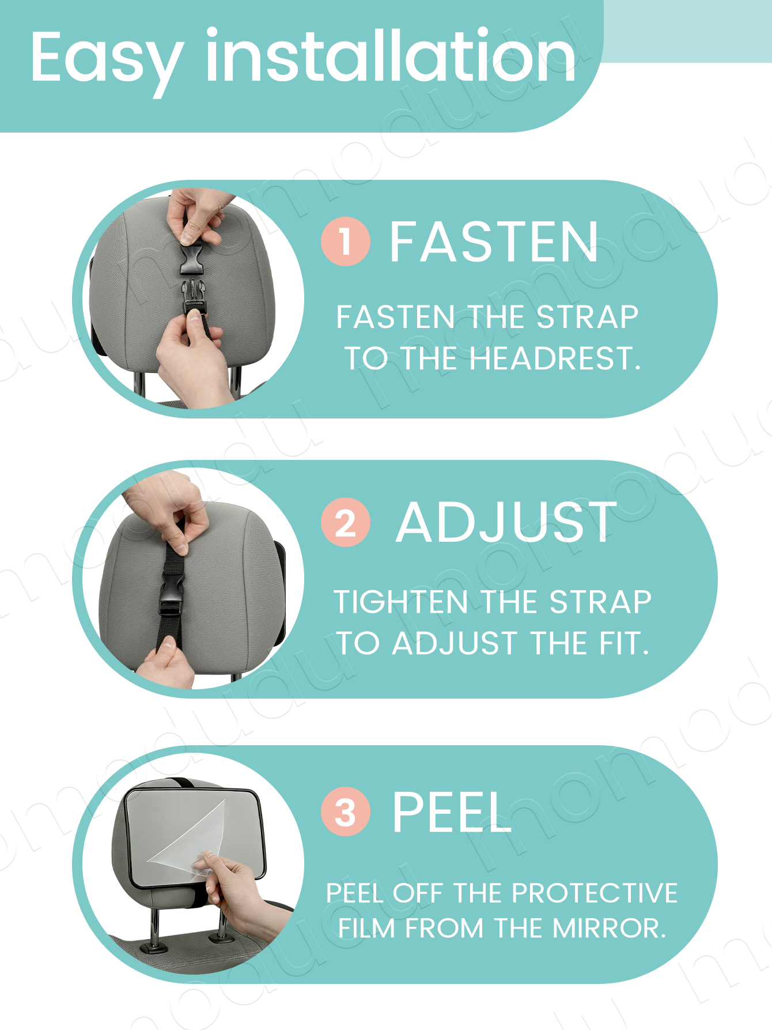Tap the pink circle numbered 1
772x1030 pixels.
pos(345,241)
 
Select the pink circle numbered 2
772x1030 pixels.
pos(345,522)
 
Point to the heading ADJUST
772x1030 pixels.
pos(506,522)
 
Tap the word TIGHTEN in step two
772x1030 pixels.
pos(401,602)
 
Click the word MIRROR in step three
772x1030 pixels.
pos(608,928)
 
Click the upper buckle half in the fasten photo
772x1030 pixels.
pos(191,257)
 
